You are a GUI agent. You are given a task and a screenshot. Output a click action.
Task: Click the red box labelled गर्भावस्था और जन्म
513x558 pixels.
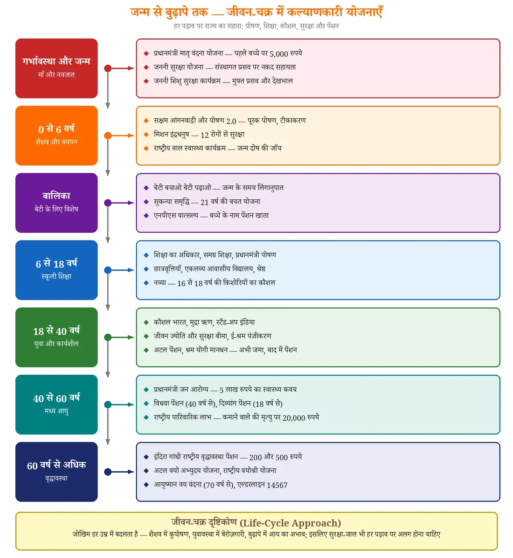[56, 68]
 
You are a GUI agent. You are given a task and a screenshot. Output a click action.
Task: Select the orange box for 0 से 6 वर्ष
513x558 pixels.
[56, 135]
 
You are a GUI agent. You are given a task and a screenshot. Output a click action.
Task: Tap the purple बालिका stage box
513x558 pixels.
[56, 203]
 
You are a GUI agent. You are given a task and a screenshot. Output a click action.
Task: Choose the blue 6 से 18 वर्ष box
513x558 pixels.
[56, 270]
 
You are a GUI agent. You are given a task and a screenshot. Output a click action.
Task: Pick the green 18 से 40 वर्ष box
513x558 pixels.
[56, 337]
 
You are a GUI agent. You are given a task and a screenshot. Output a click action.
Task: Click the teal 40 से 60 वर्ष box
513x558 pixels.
[56, 405]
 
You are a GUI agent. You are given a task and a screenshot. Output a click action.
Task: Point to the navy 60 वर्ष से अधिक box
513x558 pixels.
[56, 472]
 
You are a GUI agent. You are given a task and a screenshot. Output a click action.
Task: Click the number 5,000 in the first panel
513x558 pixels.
[278, 54]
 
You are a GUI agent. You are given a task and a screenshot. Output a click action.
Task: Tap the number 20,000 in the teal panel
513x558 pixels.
[294, 418]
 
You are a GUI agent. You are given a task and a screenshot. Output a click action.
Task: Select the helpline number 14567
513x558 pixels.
[277, 485]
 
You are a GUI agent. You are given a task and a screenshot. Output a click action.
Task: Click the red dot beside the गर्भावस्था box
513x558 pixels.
[108, 68]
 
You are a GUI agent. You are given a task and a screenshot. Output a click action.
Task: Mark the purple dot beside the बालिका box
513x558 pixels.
[108, 203]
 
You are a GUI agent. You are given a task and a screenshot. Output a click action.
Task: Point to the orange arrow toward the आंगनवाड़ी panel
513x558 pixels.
[121, 135]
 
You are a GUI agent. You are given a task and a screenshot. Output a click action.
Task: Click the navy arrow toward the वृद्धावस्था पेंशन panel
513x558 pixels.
[121, 472]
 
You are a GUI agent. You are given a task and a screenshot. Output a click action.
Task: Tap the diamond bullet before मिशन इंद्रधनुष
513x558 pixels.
[146, 135]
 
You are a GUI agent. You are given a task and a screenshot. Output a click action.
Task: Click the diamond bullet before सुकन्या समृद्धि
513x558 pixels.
[146, 202]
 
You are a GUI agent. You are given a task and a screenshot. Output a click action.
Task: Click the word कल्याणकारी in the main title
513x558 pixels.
[314, 12]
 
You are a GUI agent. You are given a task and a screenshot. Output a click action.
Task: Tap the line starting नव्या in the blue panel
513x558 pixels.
[214, 283]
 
